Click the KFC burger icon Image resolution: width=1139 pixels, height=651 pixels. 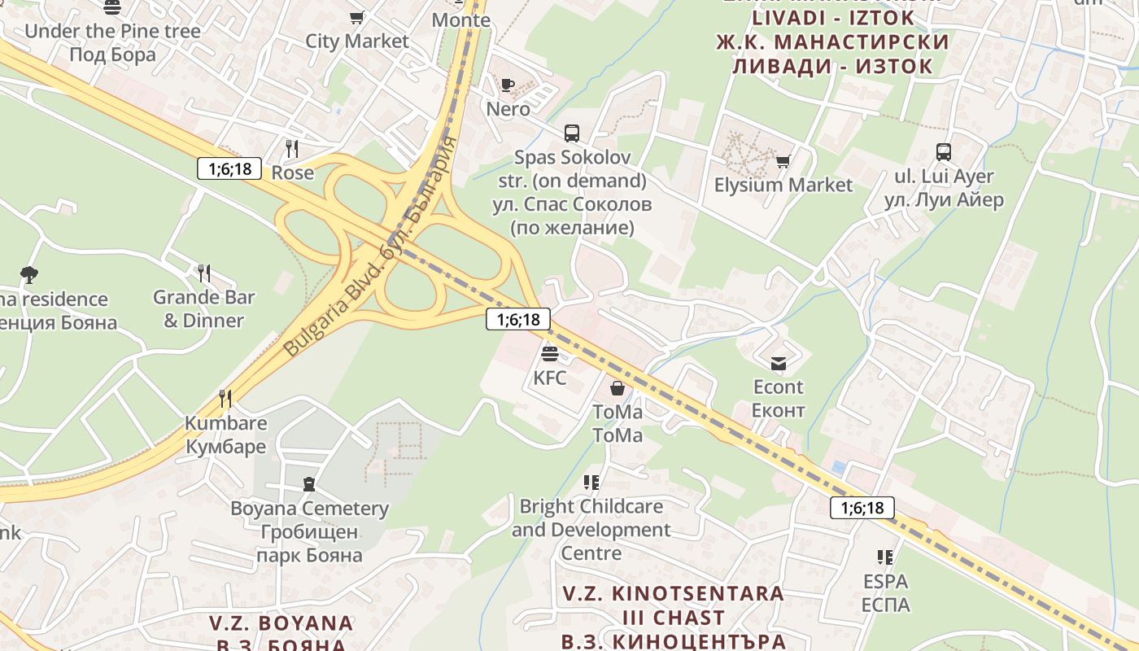coord(550,354)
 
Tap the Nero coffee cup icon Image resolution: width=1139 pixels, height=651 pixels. coord(508,85)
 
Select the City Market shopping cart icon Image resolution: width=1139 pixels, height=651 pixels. coord(356,17)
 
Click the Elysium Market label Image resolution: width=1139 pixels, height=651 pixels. coord(783,186)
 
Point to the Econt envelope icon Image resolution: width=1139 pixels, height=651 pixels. coord(779,363)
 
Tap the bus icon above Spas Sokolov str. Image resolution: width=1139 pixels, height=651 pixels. coord(572,133)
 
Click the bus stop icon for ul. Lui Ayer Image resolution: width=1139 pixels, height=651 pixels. coord(944,152)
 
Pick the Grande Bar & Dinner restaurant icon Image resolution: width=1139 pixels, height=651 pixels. coord(204,273)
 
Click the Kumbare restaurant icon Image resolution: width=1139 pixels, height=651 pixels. coord(225,399)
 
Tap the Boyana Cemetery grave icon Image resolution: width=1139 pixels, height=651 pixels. coord(308,485)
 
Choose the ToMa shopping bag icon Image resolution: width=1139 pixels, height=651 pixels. coord(618,388)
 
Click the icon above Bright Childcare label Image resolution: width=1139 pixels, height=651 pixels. coord(591,483)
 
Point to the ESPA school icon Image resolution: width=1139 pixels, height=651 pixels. coord(885,557)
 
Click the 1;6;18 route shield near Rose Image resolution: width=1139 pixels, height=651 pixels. coord(229,169)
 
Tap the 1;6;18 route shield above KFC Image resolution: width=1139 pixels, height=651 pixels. coord(518,319)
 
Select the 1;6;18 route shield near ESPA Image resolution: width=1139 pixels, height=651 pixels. coord(862,509)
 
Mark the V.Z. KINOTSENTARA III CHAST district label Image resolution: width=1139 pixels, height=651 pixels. coord(674,617)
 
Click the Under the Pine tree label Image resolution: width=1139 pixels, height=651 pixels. coord(112,32)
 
